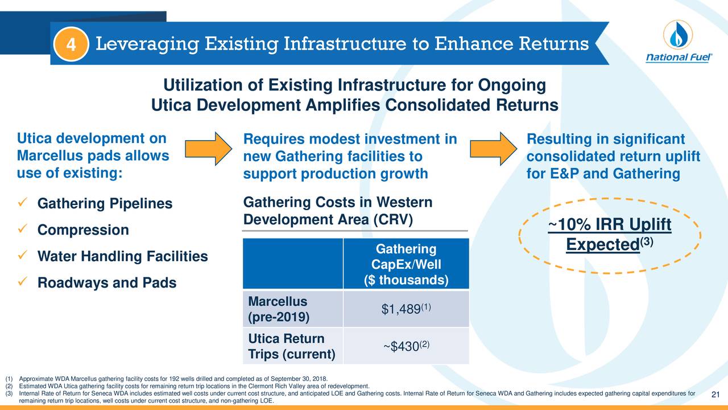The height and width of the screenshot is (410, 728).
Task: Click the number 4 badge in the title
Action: coord(72,44)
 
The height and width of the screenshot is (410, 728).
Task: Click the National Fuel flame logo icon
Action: coord(677,35)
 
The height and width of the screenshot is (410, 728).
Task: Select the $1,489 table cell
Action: coord(406,309)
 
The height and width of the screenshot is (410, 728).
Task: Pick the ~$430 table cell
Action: coord(406,346)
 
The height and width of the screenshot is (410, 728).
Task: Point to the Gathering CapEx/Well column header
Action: coord(406,265)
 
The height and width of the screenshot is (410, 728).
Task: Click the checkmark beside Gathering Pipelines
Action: coord(23,203)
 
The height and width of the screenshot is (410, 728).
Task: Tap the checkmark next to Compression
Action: coord(23,229)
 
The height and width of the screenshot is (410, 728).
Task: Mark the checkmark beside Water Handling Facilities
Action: coord(23,256)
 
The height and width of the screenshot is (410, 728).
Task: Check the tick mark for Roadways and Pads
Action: coord(23,282)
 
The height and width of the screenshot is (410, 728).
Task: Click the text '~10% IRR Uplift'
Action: coord(610,225)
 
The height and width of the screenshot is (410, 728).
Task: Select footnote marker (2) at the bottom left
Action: coord(9,386)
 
